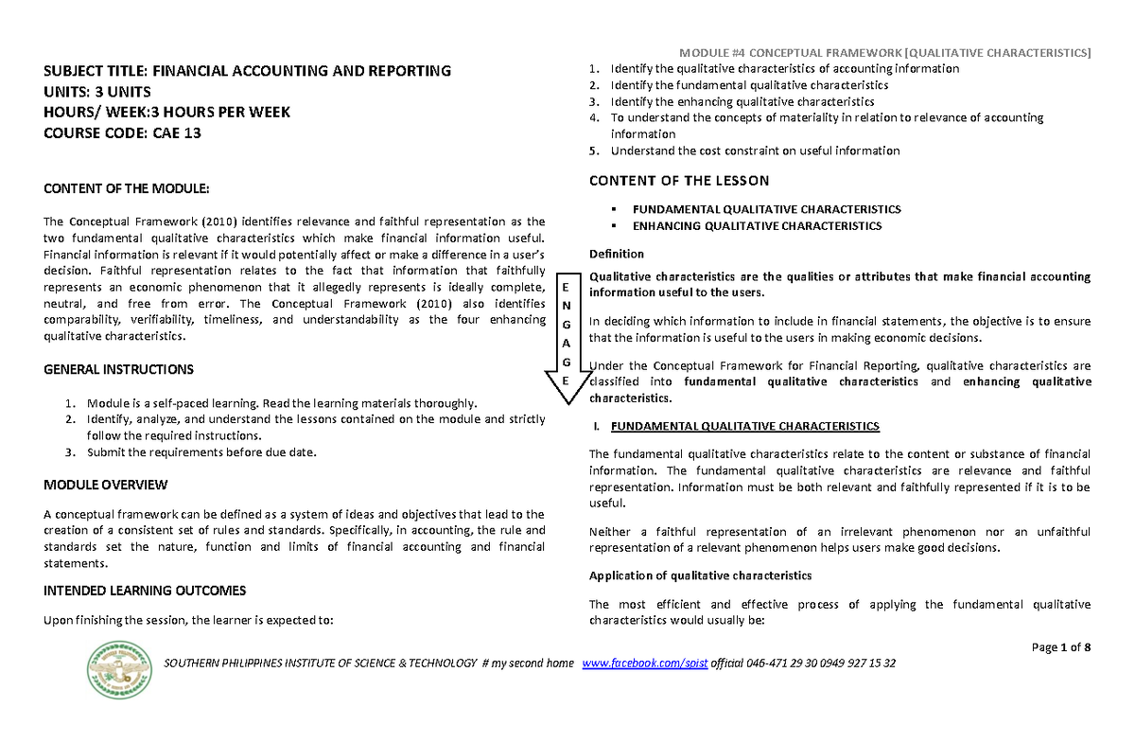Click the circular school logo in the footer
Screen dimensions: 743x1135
pos(119,670)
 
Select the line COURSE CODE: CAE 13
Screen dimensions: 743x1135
pos(123,133)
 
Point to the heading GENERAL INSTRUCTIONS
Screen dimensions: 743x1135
pos(119,369)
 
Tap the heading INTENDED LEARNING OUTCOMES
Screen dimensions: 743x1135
pos(146,591)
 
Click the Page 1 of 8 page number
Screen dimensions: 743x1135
pos(1061,647)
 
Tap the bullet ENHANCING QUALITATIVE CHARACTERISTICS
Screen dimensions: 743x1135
pos(757,226)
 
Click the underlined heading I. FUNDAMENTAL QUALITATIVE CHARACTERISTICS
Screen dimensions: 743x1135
pos(744,427)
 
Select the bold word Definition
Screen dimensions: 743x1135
pos(616,254)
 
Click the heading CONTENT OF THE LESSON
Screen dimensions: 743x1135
pos(679,181)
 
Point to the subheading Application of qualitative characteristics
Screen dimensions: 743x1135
pos(700,575)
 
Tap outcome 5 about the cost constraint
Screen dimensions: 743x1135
pos(755,150)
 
